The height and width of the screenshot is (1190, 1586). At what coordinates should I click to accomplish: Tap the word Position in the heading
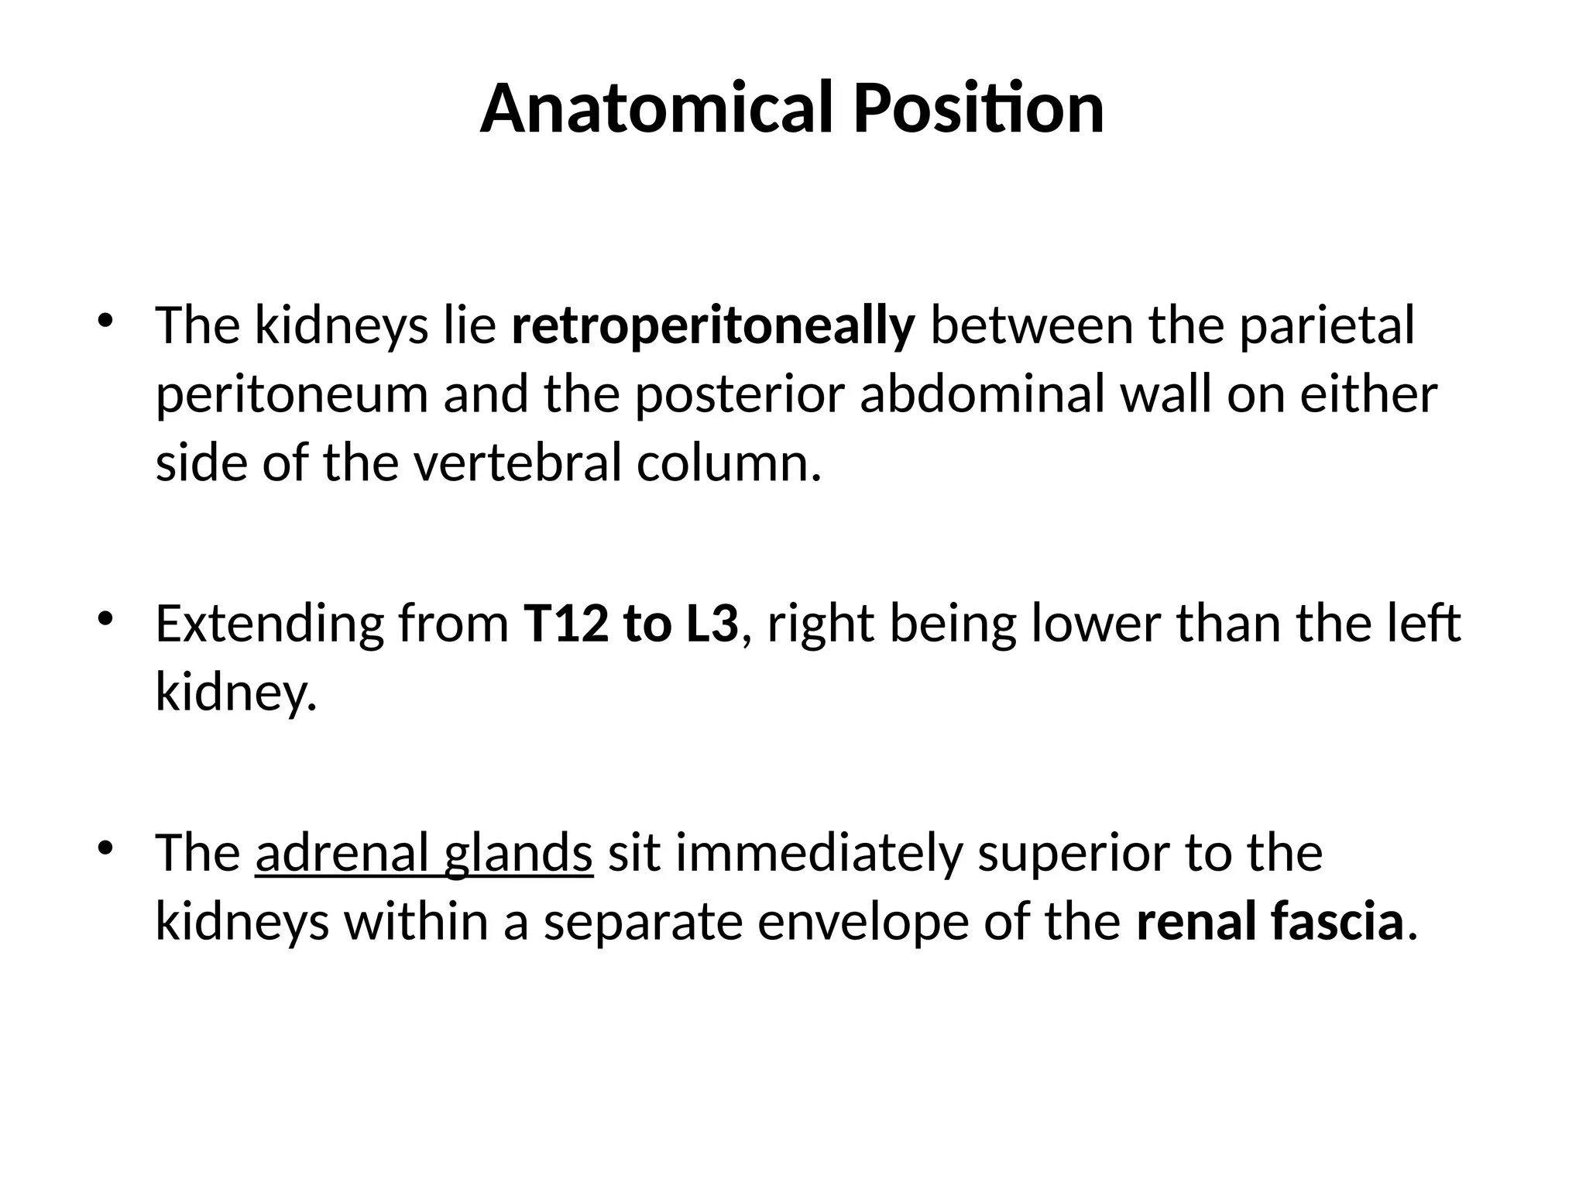[x=979, y=108]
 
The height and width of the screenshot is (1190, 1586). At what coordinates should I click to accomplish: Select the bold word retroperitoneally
[x=713, y=325]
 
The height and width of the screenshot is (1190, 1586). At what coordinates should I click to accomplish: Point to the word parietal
[x=1327, y=325]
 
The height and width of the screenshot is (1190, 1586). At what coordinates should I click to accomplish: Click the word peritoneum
[x=292, y=394]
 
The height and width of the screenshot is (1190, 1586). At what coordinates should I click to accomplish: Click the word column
[x=729, y=463]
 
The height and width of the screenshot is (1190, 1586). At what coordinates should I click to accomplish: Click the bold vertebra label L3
[x=712, y=624]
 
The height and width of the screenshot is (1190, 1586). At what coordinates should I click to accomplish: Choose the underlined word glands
[x=518, y=853]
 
